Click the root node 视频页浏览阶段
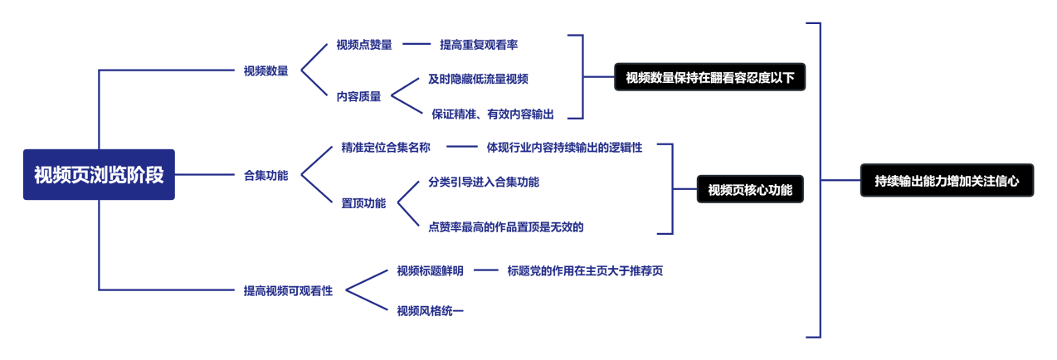click(99, 175)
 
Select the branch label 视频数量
click(266, 71)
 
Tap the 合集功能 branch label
click(266, 175)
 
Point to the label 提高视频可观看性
click(288, 291)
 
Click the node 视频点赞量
click(364, 44)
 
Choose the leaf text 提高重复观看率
click(479, 44)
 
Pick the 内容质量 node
click(359, 95)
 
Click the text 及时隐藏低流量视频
click(479, 79)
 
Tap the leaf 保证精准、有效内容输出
click(492, 114)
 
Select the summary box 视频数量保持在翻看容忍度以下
click(710, 78)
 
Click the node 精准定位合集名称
click(386, 148)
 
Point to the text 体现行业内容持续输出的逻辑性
click(564, 148)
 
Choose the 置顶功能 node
click(363, 203)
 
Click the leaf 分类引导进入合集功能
click(484, 182)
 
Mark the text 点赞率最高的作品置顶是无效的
click(506, 226)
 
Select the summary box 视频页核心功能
click(750, 190)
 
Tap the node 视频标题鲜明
click(431, 270)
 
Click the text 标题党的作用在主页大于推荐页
click(585, 270)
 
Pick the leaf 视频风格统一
click(431, 311)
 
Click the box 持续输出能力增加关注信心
click(947, 179)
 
